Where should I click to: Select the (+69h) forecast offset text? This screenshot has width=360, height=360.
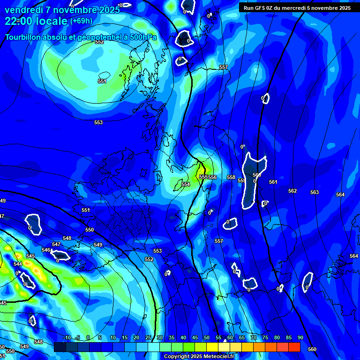81,21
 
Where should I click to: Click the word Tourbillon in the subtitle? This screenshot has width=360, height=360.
24,37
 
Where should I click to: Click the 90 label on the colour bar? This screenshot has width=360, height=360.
300,337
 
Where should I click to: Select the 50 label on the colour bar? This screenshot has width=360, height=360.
207,337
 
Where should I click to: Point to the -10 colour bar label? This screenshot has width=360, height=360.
67,337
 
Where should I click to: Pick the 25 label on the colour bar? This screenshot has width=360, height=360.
148,337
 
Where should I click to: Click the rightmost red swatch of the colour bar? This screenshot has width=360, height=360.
294,347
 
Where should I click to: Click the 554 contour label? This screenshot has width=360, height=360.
186,185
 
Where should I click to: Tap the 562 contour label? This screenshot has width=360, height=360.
292,191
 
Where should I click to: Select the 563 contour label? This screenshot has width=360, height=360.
315,193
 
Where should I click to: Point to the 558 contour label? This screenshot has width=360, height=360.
231,178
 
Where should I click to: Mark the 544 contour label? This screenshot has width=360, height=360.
18,264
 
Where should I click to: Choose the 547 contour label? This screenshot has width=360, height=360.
56,244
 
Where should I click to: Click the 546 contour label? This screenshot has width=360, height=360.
46,250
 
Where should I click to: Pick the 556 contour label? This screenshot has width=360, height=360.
212,177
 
